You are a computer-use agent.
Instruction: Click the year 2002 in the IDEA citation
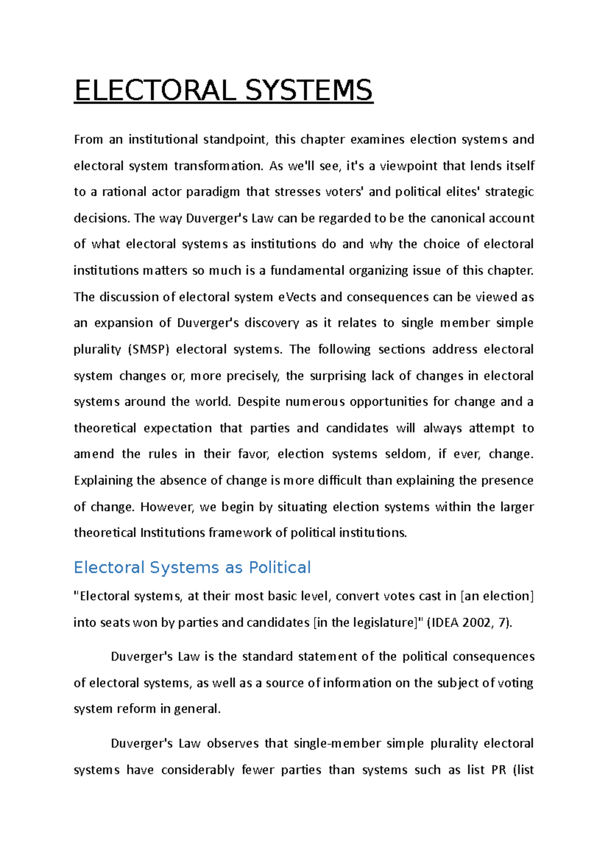[x=476, y=623]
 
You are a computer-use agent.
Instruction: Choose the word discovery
[x=272, y=323]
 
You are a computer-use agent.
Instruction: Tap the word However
[x=167, y=507]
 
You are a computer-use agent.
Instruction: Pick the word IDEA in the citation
[x=444, y=623]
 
